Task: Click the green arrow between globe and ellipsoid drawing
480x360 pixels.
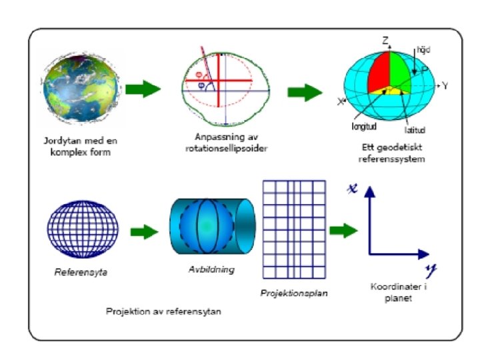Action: [142, 89]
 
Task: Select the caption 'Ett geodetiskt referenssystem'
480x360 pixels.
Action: [391, 154]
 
